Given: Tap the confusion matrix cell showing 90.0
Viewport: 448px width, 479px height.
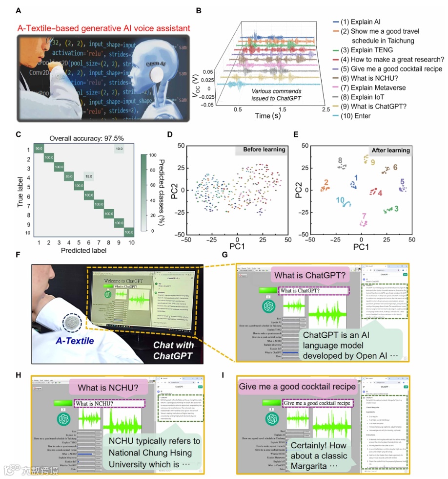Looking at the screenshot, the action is click(x=39, y=148).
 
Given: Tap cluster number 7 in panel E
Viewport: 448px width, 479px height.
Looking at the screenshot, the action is click(x=364, y=216).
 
